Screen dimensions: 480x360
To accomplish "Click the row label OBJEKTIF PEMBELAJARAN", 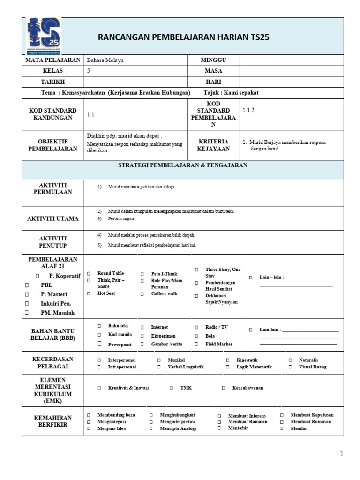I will coord(53,145).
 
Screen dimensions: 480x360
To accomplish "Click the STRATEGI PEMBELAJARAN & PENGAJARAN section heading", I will coord(183,165).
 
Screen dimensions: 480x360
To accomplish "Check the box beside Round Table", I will coord(89,273).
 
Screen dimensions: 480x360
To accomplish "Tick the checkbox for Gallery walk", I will coord(142,294).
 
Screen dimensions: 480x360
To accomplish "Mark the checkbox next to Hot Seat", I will coord(89,293).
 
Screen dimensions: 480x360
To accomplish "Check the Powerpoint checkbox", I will coord(99,344).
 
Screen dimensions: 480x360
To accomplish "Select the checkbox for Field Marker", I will coord(196,344).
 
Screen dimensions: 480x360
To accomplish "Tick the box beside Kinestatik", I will coord(227,360).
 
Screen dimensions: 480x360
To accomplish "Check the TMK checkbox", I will coord(172,388).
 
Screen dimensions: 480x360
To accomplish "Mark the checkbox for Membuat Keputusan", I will coord(282,415).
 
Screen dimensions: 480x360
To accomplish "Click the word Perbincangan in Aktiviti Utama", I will coord(121,219).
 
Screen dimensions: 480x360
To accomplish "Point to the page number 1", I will coord(342,453).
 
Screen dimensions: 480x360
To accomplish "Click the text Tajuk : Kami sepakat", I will coord(231,93).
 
